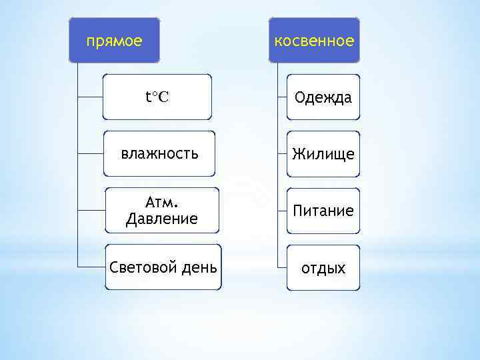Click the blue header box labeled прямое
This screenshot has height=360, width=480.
pyautogui.click(x=115, y=41)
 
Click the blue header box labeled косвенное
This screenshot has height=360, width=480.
pyautogui.click(x=314, y=41)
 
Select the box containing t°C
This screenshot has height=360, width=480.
pyautogui.click(x=157, y=97)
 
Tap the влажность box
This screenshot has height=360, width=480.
pyautogui.click(x=160, y=154)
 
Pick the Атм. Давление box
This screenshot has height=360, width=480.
pyautogui.click(x=162, y=210)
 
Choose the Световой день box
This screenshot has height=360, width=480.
pyautogui.click(x=163, y=267)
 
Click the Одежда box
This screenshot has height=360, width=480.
pyautogui.click(x=323, y=97)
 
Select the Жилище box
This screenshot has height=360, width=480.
pyautogui.click(x=323, y=154)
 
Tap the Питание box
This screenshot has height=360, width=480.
pyautogui.click(x=323, y=211)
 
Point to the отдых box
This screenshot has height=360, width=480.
pyautogui.click(x=323, y=268)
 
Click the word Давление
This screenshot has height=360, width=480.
pyautogui.click(x=162, y=219)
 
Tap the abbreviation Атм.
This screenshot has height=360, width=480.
pyautogui.click(x=161, y=201)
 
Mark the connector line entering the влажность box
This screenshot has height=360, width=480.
pyautogui.click(x=91, y=154)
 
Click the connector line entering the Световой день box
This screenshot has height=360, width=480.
pyautogui.click(x=91, y=266)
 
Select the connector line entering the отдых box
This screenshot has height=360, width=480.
pyautogui.click(x=281, y=266)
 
